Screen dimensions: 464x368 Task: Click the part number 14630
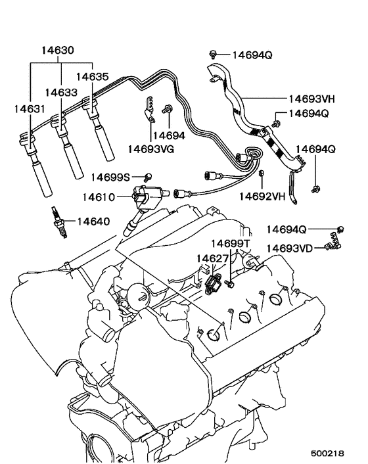(58, 50)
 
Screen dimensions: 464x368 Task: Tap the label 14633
(61, 93)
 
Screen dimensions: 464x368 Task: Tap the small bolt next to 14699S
(149, 176)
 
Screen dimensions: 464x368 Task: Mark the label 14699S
(110, 177)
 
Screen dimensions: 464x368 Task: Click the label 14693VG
(150, 149)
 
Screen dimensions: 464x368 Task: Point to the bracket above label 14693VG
(149, 110)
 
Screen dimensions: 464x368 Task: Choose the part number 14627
(212, 258)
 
